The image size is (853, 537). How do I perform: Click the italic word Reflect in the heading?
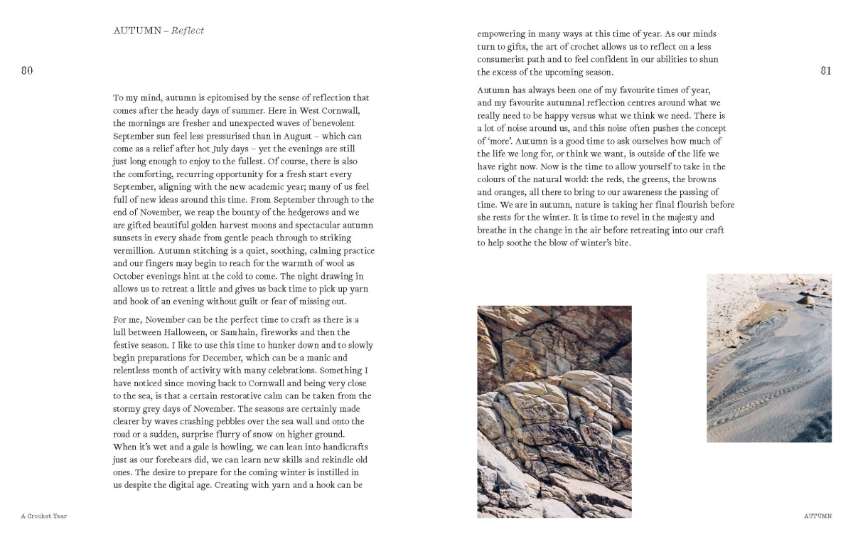(x=187, y=31)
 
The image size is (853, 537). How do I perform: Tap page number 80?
(x=27, y=70)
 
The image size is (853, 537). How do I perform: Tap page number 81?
(x=825, y=70)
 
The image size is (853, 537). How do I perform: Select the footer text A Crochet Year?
(x=44, y=516)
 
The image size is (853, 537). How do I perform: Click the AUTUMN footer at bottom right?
(x=817, y=516)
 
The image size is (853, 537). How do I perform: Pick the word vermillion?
(x=135, y=251)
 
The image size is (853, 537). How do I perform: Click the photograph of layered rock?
(x=554, y=411)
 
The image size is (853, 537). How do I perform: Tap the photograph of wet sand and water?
(x=768, y=358)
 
